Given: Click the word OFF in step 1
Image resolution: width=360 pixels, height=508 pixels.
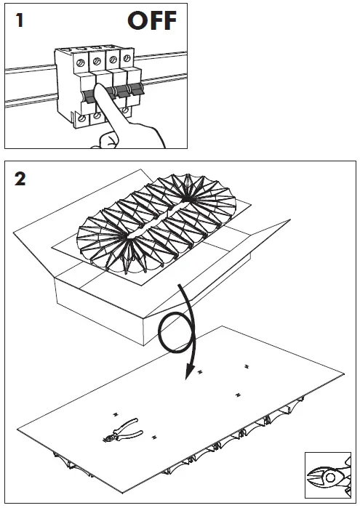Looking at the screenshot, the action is coord(152,20).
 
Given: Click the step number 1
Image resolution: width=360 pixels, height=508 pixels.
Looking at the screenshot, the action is coord(20,20).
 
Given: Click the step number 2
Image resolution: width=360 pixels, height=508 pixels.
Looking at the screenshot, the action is coord(20,179).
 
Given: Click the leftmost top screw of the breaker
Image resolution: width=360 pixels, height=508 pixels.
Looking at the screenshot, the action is coord(81,62).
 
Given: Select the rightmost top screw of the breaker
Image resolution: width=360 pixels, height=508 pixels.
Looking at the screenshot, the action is coord(127,58).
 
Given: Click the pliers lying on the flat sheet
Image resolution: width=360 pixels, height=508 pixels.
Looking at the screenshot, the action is coord(122,431).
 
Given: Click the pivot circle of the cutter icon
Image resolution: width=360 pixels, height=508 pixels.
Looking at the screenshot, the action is coord(330,477).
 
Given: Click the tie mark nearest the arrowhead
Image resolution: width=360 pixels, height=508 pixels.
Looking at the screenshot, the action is coord(200,371).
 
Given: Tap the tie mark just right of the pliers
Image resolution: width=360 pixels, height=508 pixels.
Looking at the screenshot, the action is coord(154,438).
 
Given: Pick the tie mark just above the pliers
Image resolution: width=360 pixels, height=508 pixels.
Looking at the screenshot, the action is coord(115,415).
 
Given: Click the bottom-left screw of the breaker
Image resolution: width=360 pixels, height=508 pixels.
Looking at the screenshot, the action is coord(81,118).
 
